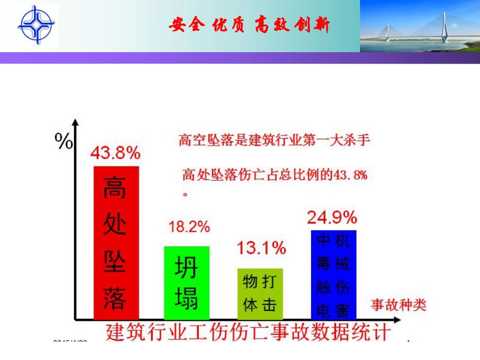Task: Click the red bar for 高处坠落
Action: click(x=116, y=243)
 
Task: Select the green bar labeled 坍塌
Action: click(x=186, y=283)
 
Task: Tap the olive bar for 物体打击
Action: click(x=260, y=294)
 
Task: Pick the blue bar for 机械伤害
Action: click(x=333, y=274)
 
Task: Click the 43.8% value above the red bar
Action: click(x=115, y=153)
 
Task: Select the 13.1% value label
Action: click(x=261, y=248)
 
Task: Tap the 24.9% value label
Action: click(x=332, y=217)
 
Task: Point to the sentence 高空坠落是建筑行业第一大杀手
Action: click(x=274, y=140)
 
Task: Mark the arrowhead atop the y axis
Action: click(x=76, y=123)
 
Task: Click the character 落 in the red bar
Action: click(x=114, y=299)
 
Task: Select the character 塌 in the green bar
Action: click(x=186, y=300)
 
